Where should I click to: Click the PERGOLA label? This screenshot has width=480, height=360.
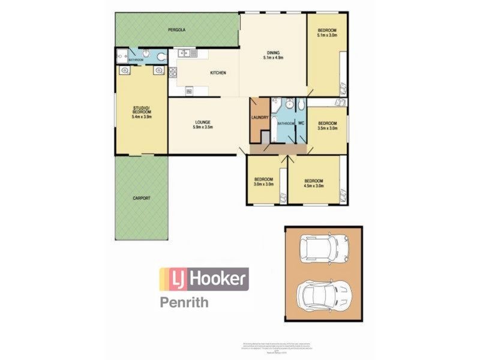(x=176, y=29)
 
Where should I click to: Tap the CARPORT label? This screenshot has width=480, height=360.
(x=142, y=198)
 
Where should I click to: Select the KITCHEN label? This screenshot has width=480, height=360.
(x=217, y=73)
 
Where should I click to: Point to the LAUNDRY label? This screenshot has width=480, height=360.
(x=260, y=118)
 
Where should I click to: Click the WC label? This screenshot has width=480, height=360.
(x=301, y=123)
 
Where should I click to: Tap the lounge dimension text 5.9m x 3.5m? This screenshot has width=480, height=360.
(x=203, y=127)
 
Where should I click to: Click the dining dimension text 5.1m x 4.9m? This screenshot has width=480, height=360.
(x=272, y=58)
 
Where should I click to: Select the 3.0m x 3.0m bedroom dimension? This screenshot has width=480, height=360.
(x=264, y=185)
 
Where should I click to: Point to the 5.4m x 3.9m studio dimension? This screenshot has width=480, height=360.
(x=142, y=117)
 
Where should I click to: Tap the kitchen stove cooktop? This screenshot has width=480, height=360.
(x=173, y=73)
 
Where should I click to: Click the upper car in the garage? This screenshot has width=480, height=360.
(x=323, y=246)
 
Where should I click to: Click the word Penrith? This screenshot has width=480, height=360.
(x=184, y=302)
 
